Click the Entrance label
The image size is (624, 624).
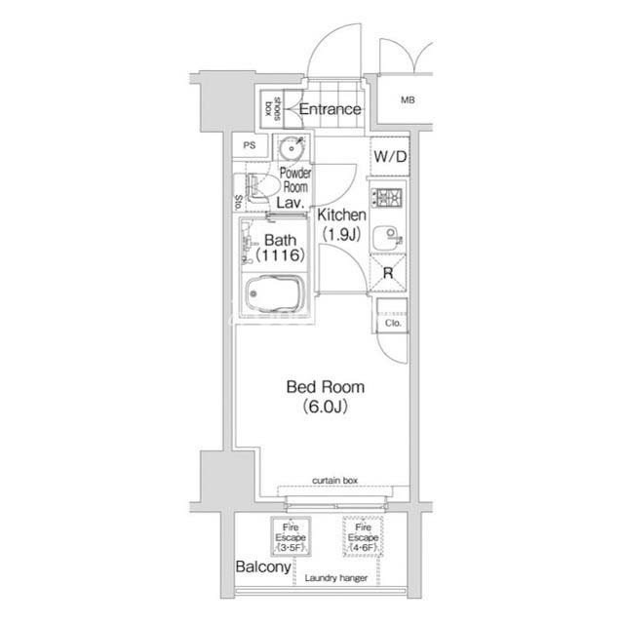(330, 109)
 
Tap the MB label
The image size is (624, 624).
(408, 99)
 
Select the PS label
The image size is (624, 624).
(250, 145)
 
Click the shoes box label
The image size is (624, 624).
(273, 108)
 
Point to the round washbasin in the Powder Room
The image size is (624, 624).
(292, 148)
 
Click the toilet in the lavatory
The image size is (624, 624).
(258, 187)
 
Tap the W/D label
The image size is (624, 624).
(390, 157)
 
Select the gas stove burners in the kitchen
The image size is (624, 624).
(387, 197)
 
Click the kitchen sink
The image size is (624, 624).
(387, 238)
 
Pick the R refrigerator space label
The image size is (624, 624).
(388, 273)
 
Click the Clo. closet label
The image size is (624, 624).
(393, 323)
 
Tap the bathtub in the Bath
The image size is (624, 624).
(274, 293)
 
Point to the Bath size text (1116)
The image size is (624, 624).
(281, 255)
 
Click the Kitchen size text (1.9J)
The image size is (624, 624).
(342, 234)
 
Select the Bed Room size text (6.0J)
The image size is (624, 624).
(325, 407)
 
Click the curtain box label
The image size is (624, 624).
(334, 481)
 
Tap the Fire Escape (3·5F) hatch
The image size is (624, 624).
(291, 536)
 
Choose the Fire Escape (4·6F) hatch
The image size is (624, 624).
(363, 536)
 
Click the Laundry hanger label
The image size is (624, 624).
(335, 578)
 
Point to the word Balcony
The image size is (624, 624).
(263, 567)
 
